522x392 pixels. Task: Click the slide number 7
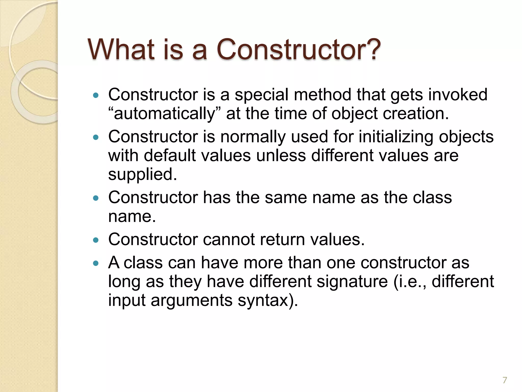pos(505,380)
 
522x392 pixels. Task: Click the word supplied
pos(142,175)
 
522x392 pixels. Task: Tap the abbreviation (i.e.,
pos(410,282)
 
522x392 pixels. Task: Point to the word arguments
pos(191,301)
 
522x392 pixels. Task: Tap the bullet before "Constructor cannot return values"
pos(96,240)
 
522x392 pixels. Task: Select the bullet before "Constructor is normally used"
pos(96,137)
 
